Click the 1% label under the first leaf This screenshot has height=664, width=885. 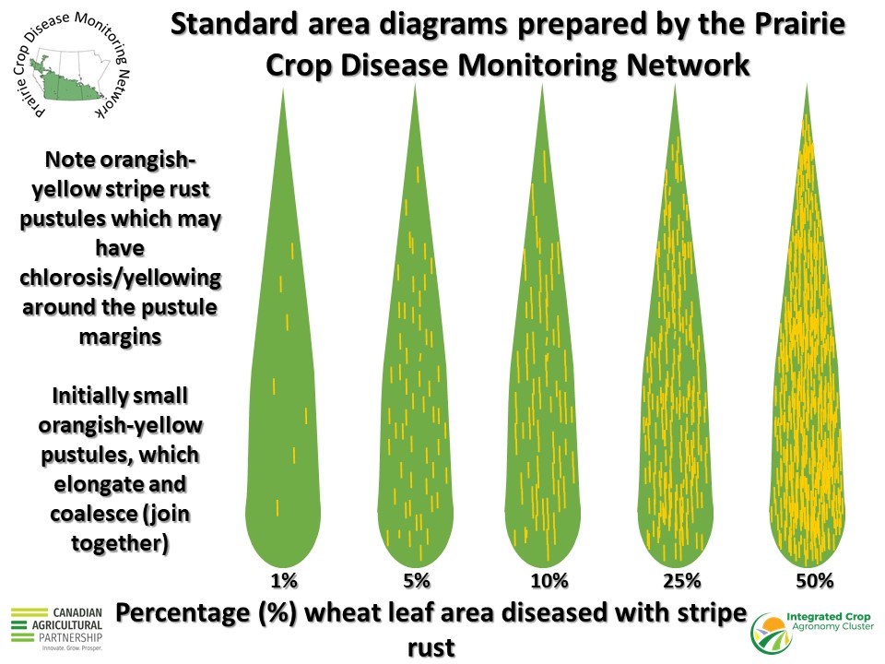point(283,580)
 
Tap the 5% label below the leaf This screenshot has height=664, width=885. point(417,580)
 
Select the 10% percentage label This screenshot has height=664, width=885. point(549,580)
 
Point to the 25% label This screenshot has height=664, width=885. point(682,580)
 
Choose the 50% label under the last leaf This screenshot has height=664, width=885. point(814,580)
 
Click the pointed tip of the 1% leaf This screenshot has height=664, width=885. point(283,89)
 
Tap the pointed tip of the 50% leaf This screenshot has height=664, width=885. point(808,85)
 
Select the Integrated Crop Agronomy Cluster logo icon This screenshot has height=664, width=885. point(771,634)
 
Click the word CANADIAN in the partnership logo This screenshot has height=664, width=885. point(77,612)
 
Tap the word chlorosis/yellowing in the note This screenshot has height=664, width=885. point(120,278)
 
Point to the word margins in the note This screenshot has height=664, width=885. point(120,338)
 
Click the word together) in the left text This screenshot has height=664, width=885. point(120,544)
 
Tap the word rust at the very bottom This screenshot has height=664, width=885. point(431,647)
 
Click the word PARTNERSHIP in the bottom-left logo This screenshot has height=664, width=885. point(71,637)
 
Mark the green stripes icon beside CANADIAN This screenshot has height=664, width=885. point(29,625)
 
